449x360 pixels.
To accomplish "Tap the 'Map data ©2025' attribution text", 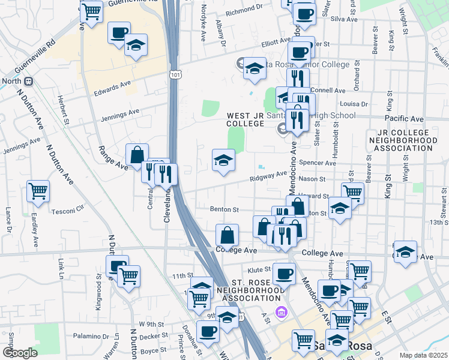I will tap(423, 355).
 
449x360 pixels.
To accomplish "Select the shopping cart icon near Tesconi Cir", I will tap(38, 191).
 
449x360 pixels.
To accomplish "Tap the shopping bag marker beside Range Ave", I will tap(137, 155).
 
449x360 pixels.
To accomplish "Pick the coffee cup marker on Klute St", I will tap(284, 274).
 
